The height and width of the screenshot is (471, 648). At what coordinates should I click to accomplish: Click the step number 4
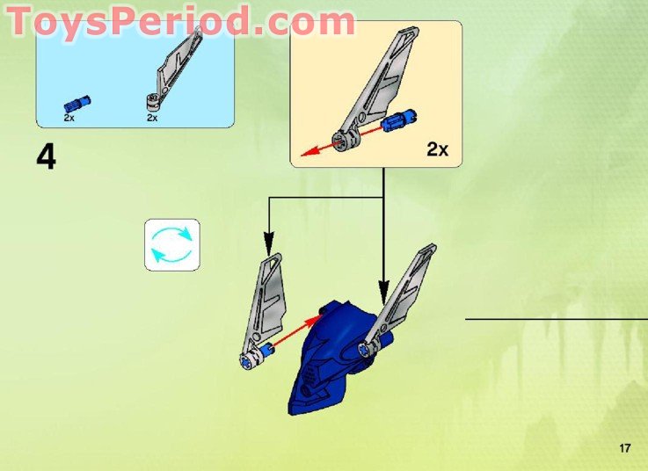(x=46, y=157)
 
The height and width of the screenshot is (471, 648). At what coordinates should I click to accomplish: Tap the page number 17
(x=625, y=449)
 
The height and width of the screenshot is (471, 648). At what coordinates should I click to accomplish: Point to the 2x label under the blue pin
(x=69, y=117)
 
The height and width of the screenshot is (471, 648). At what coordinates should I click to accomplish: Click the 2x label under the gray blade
(x=152, y=117)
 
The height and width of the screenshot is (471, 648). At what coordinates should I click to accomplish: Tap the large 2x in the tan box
(x=437, y=149)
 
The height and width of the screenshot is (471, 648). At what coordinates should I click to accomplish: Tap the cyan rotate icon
(x=171, y=244)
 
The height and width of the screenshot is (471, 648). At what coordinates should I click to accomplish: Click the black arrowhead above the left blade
(x=269, y=239)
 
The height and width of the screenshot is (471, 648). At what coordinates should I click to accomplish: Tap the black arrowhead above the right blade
(x=383, y=287)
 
